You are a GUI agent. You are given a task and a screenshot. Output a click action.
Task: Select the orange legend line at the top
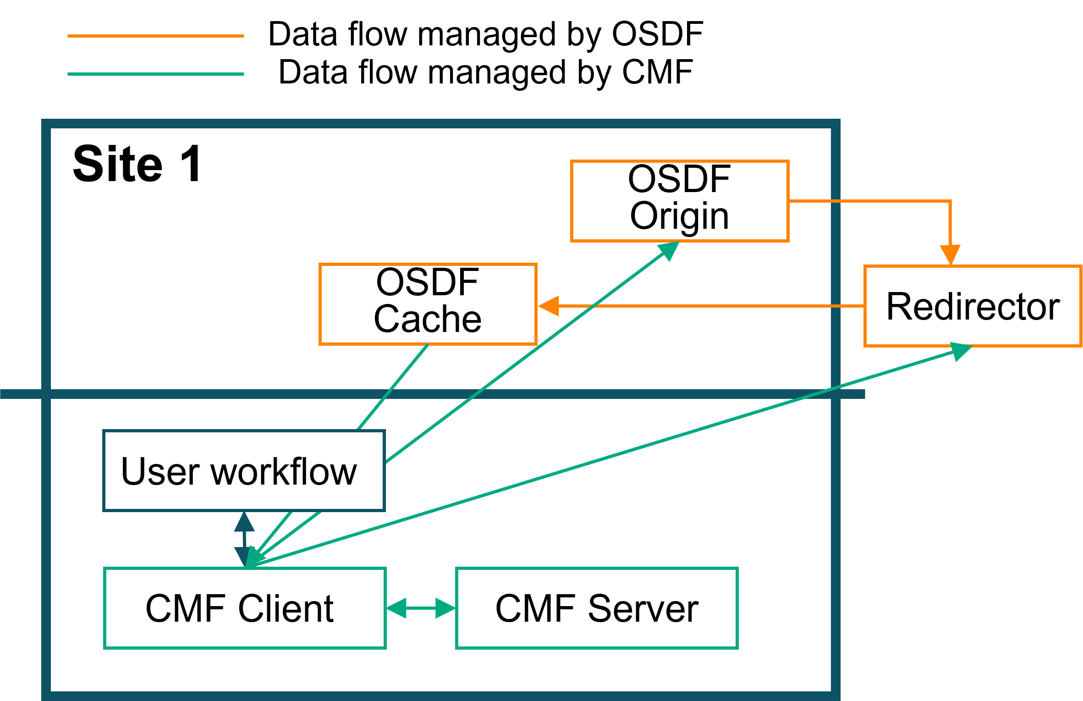pos(155,36)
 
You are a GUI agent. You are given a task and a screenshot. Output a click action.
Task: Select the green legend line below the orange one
pos(155,74)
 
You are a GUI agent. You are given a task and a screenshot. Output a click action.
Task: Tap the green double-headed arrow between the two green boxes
pos(421,608)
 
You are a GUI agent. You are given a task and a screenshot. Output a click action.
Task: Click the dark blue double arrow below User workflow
pos(244,539)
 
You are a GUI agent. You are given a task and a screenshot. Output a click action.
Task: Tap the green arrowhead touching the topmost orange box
pos(670,250)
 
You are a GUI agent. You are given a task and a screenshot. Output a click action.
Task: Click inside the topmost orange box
pos(679,201)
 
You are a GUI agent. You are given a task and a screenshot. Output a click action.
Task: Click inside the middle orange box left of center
pos(428,304)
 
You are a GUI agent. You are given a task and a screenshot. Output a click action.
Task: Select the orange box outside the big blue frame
pos(973,306)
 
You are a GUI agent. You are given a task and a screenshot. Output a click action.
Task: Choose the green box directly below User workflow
pos(245,608)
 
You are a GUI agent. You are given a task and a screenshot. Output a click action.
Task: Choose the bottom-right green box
pos(597,608)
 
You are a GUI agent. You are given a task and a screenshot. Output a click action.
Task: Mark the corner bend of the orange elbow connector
pos(950,201)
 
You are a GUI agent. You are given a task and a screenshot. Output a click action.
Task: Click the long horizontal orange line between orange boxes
pos(710,306)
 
